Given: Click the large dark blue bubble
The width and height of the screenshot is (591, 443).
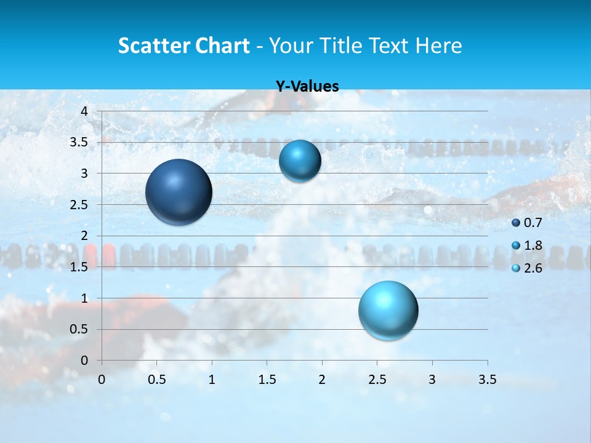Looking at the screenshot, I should pos(179,192).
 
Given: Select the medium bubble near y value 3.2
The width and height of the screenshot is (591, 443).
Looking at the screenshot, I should pos(300,161).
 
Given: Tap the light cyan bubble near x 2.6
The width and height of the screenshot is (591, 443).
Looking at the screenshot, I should pos(388,310).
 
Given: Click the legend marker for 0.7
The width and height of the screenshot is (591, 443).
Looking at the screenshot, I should pos(516,223).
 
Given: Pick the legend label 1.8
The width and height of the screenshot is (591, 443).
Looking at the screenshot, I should pos(533,245).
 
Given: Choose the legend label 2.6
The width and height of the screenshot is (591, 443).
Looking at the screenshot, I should pos(533,268).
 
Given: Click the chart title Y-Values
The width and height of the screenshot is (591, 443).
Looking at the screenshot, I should pos(307,87).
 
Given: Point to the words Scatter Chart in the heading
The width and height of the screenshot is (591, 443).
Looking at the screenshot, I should pos(183,45).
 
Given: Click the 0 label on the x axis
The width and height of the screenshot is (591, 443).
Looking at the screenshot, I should pos(102,380).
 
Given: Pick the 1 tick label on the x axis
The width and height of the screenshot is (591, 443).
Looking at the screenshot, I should pos(212,380).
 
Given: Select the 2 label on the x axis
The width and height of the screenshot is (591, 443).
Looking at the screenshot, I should pos(322,380).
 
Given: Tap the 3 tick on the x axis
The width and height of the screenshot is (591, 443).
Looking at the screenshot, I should pos(432,380).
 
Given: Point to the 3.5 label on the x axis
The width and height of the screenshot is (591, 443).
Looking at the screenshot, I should pos(487,380).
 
